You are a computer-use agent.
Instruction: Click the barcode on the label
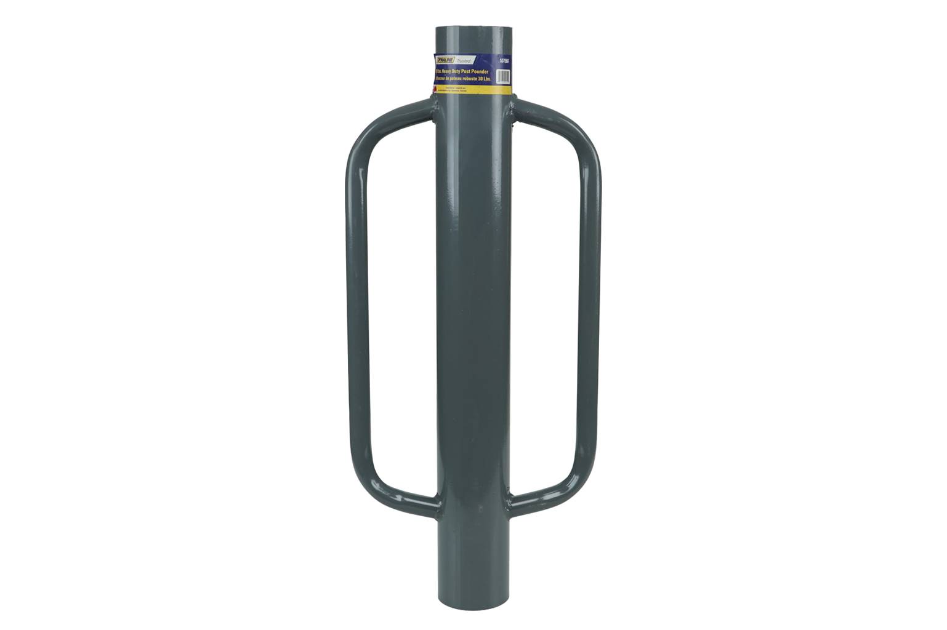[x=504, y=77]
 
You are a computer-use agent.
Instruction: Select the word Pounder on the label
[x=491, y=72]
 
